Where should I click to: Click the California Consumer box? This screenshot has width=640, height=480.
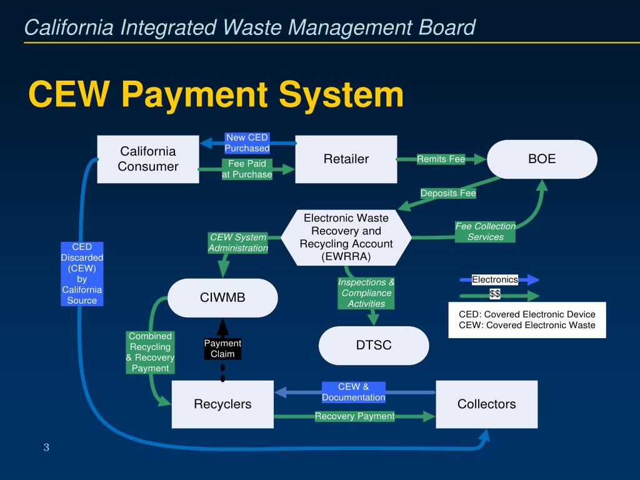[x=148, y=159]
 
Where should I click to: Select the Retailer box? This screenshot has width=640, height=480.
[x=346, y=159]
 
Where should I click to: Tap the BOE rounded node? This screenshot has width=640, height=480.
[x=542, y=159]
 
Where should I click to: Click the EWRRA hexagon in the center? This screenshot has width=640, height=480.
[x=346, y=237]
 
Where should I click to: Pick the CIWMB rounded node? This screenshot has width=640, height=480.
[x=222, y=298]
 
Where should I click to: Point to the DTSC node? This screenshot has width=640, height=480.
[x=374, y=345]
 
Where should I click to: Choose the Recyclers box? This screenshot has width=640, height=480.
[x=222, y=404]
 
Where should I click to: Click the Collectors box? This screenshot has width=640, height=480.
[x=486, y=404]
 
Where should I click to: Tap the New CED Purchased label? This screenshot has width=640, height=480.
[x=247, y=143]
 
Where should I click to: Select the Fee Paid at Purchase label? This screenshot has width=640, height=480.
[x=247, y=169]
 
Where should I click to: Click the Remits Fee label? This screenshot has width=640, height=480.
[x=441, y=159]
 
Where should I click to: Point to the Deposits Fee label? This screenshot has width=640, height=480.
[x=448, y=194]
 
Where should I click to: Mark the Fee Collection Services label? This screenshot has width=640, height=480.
[x=486, y=232]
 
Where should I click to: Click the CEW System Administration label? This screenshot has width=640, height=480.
[x=238, y=242]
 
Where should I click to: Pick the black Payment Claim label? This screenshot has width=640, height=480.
[x=222, y=349]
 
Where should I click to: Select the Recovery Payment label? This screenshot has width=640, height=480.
[x=354, y=416]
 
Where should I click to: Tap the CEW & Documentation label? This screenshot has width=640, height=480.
[x=354, y=392]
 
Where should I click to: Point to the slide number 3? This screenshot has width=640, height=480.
[x=46, y=447]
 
